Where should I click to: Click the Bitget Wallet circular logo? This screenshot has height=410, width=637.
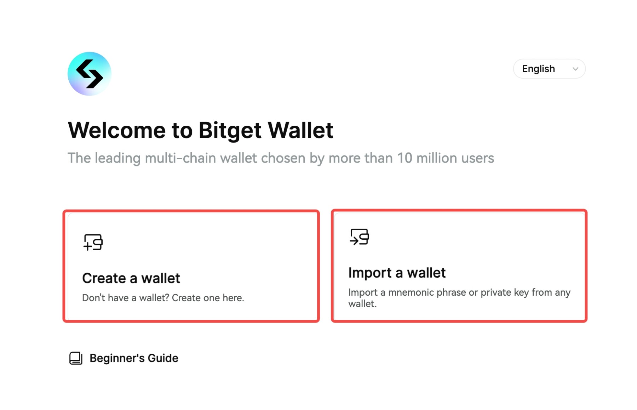[89, 74]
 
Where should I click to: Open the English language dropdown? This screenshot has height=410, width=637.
[549, 69]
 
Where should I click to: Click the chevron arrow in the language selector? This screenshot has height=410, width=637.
[575, 69]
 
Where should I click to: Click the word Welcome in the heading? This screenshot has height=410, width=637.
[116, 130]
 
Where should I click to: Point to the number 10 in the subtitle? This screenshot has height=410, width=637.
[404, 158]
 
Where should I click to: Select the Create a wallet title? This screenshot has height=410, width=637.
[131, 278]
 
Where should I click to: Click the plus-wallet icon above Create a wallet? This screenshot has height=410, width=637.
[93, 242]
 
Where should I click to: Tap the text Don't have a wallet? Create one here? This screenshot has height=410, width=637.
[163, 298]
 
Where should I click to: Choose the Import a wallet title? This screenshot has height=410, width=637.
[397, 273]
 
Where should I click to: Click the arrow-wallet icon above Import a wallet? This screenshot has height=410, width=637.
[359, 237]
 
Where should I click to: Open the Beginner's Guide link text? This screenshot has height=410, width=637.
[134, 358]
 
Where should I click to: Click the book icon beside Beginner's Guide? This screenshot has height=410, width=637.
[76, 358]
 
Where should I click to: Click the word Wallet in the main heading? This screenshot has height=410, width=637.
[300, 130]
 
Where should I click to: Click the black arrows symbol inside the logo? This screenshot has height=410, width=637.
[90, 74]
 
